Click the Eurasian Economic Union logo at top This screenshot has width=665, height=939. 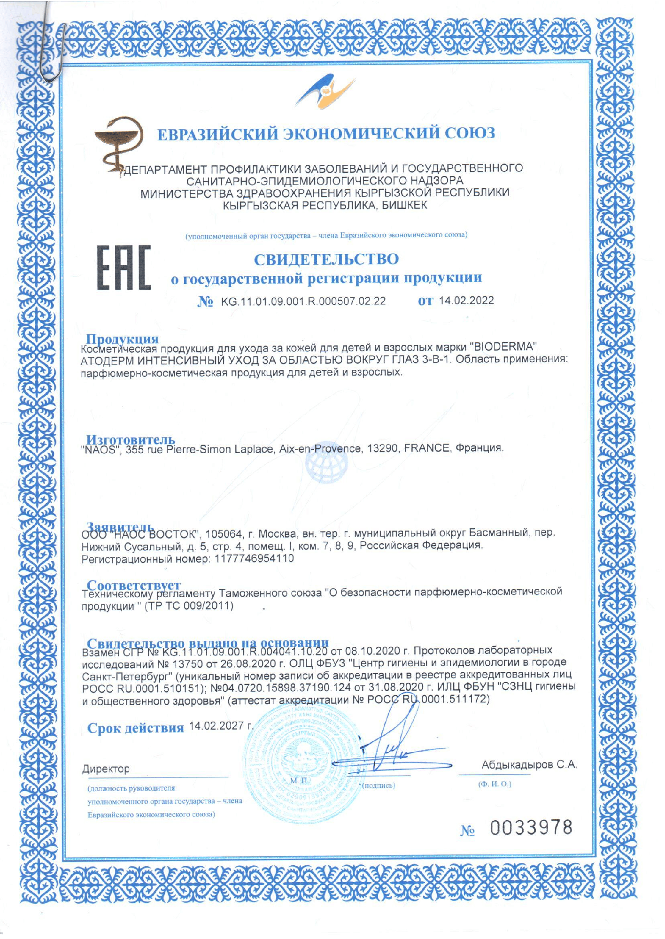tap(325, 91)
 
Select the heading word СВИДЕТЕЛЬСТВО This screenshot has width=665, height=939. tap(326, 259)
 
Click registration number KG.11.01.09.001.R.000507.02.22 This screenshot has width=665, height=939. tap(303, 301)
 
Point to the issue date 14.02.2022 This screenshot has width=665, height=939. tap(466, 300)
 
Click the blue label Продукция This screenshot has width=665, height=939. tap(122, 338)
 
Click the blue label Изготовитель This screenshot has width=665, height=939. tap(131, 439)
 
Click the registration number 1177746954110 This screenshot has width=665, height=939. tap(254, 559)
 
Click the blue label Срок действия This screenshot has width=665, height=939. tap(136, 728)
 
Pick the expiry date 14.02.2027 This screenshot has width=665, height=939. tap(216, 726)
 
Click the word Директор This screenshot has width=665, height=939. tap(106, 769)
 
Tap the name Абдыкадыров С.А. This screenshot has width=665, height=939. tap(529, 764)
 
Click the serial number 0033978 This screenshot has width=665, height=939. tap(531, 827)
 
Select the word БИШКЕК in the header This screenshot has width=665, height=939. tap(404, 205)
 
